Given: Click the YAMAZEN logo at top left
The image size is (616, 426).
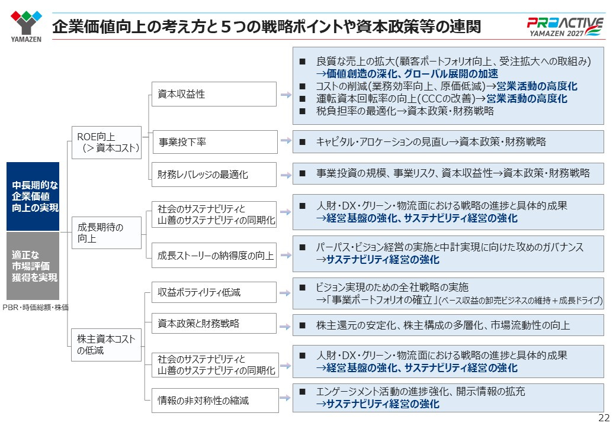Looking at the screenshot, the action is (x=26, y=26).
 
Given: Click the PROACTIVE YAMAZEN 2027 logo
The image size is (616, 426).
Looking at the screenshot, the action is (x=564, y=27).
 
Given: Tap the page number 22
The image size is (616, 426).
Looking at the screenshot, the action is (x=604, y=418).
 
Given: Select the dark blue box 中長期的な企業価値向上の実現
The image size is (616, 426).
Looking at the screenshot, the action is (x=33, y=196).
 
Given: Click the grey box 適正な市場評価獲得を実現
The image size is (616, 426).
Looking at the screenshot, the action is (x=33, y=266).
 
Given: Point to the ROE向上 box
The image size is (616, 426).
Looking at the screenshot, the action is (x=107, y=143).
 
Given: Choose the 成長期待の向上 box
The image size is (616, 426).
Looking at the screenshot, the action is (x=107, y=233).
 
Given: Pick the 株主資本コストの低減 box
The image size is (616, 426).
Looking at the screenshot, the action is (x=107, y=345).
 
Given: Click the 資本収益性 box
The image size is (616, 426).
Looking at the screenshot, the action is (x=214, y=94).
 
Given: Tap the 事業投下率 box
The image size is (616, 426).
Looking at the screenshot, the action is (x=215, y=142).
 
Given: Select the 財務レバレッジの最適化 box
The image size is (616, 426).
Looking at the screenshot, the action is (x=214, y=175).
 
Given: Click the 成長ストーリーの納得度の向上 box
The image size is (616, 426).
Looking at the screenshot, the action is (x=214, y=256).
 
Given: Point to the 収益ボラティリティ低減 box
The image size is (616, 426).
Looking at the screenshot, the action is (x=214, y=292).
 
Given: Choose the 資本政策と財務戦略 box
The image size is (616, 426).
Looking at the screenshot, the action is (x=214, y=323).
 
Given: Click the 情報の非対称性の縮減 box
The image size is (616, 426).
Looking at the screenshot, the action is (x=215, y=401).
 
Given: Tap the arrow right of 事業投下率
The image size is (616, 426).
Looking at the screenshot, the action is (x=285, y=140).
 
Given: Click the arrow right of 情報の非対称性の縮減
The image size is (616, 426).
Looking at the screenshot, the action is (x=285, y=398).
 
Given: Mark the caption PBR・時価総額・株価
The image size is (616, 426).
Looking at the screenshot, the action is (x=36, y=308).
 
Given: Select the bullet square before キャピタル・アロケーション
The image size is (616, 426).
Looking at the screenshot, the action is (x=303, y=142).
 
